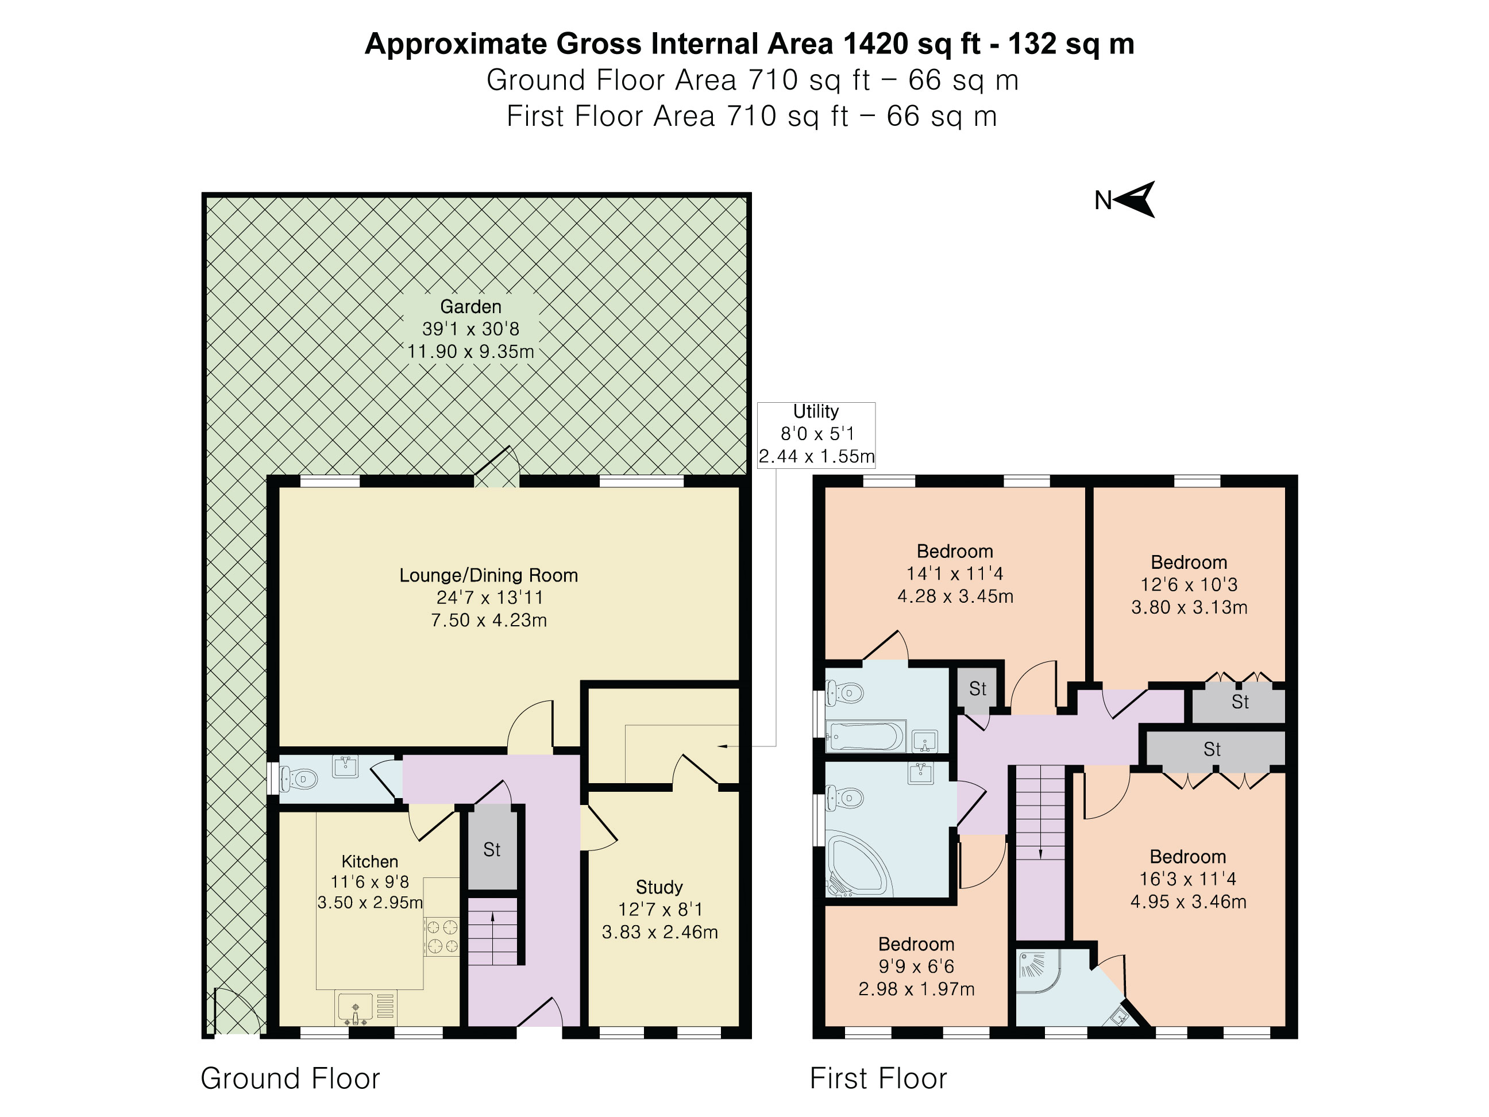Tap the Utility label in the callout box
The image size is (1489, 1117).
click(x=815, y=411)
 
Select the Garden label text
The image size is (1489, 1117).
click(x=470, y=307)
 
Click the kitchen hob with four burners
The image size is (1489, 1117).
click(x=442, y=937)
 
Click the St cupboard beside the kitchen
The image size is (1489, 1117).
click(x=492, y=850)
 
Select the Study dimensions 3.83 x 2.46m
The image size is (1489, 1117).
click(x=659, y=932)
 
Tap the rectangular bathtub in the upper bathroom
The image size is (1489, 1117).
click(x=866, y=737)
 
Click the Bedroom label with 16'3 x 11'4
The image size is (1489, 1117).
click(x=1187, y=857)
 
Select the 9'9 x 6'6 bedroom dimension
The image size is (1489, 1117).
click(x=916, y=966)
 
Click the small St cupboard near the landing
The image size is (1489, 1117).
click(x=977, y=689)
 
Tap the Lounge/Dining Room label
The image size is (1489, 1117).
click(x=489, y=575)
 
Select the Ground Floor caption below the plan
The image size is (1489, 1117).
click(x=290, y=1079)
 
